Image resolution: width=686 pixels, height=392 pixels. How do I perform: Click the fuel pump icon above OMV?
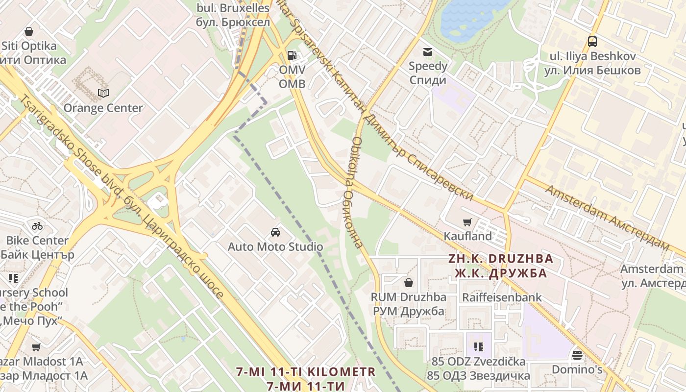pyautogui.click(x=292, y=55)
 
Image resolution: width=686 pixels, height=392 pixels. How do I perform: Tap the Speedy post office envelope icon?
pyautogui.click(x=428, y=51)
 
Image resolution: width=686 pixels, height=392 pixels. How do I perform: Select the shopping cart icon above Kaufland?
pyautogui.click(x=467, y=221)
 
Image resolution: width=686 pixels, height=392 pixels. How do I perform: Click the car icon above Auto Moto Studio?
pyautogui.click(x=275, y=232)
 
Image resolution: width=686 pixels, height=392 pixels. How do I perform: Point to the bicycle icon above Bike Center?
pyautogui.click(x=37, y=226)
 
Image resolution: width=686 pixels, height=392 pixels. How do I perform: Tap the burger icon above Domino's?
pyautogui.click(x=577, y=354)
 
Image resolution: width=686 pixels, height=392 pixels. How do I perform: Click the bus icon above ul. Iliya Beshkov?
pyautogui.click(x=592, y=42)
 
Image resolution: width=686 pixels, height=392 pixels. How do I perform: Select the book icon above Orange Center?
pyautogui.click(x=103, y=93)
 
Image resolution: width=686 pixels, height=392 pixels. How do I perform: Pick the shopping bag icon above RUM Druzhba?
pyautogui.click(x=408, y=283)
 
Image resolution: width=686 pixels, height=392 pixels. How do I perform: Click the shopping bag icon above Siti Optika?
pyautogui.click(x=29, y=31)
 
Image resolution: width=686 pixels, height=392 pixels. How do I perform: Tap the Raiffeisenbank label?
pyautogui.click(x=502, y=297)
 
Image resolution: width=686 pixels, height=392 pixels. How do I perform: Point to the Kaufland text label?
pyautogui.click(x=467, y=236)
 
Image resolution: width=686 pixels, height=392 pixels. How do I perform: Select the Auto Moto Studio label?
pyautogui.click(x=275, y=246)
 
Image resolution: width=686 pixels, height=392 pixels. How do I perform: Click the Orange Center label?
pyautogui.click(x=103, y=108)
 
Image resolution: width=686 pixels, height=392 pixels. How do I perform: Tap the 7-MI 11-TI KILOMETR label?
pyautogui.click(x=305, y=371)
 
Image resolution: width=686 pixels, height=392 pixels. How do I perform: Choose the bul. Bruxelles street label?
pyautogui.click(x=233, y=8)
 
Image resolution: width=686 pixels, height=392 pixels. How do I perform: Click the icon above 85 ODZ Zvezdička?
pyautogui.click(x=479, y=347)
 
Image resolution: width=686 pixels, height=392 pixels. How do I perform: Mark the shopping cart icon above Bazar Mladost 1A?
pyautogui.click(x=36, y=347)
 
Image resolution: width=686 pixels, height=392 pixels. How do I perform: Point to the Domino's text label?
pyautogui.click(x=577, y=369)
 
